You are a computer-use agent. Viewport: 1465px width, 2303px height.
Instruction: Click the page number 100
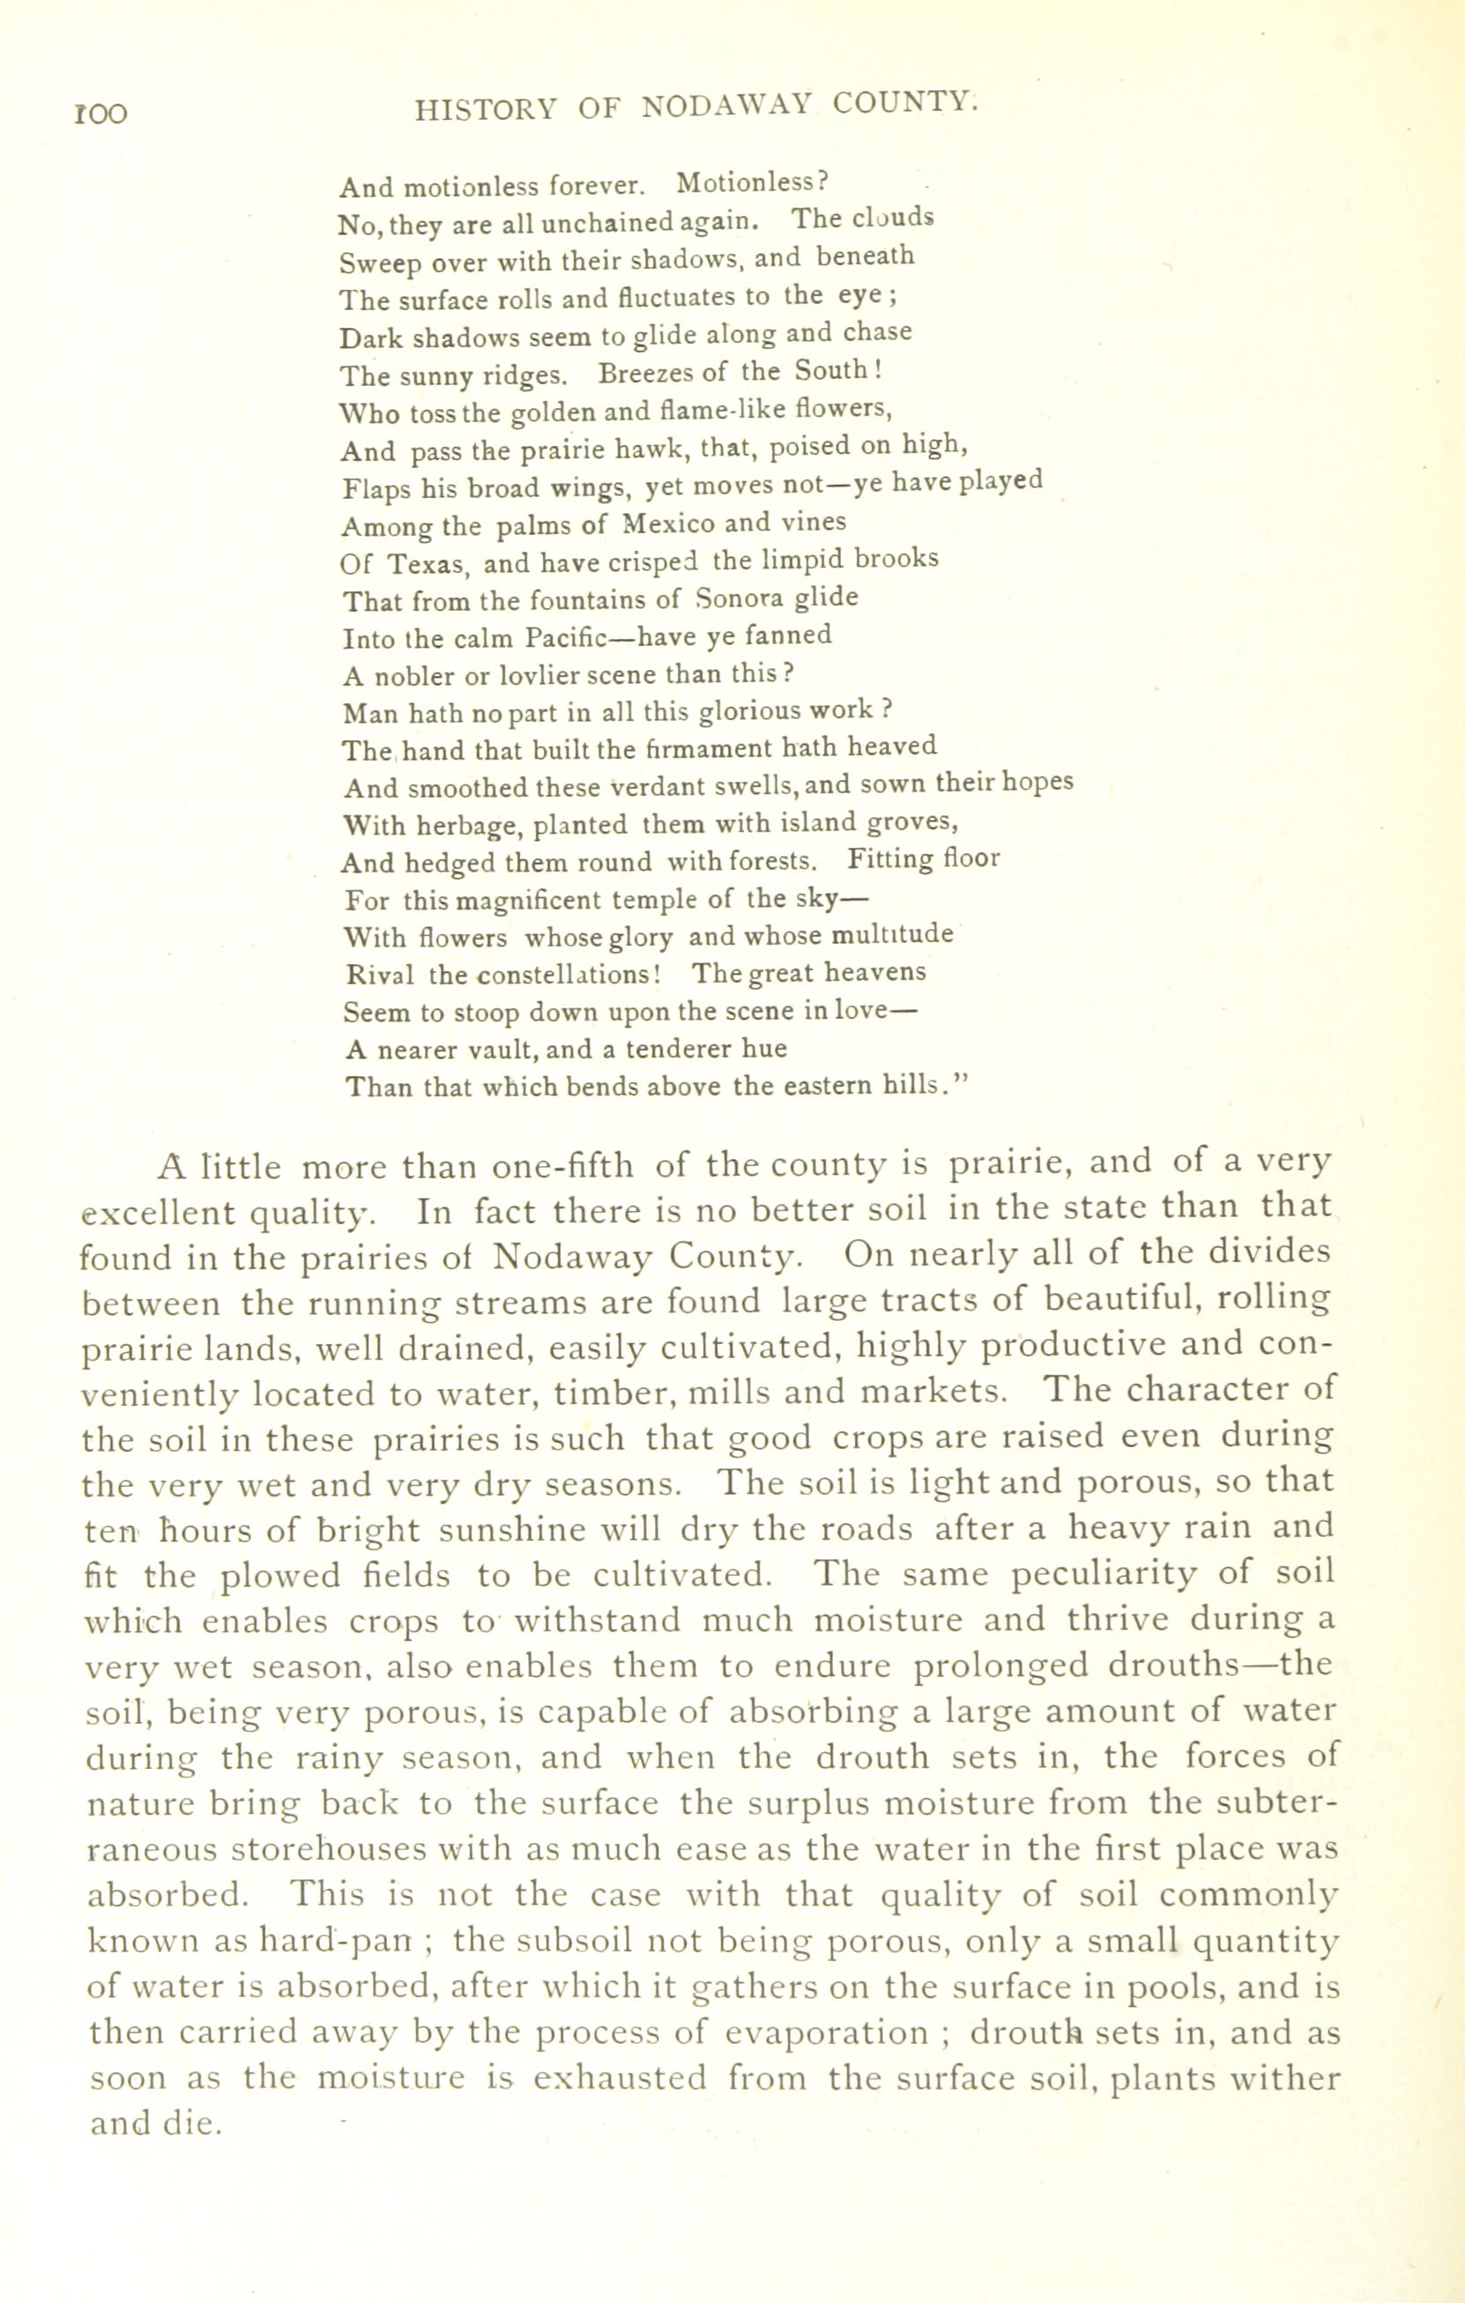[x=100, y=114]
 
